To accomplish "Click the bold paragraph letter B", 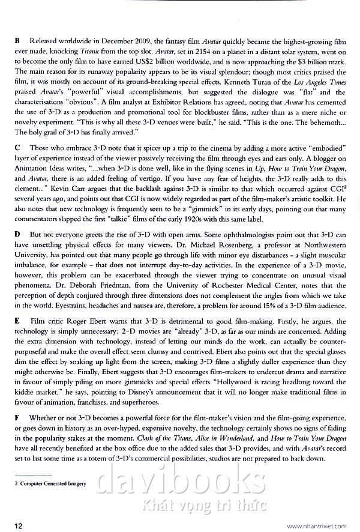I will pos(17,40).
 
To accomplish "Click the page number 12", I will pos(19,526).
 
